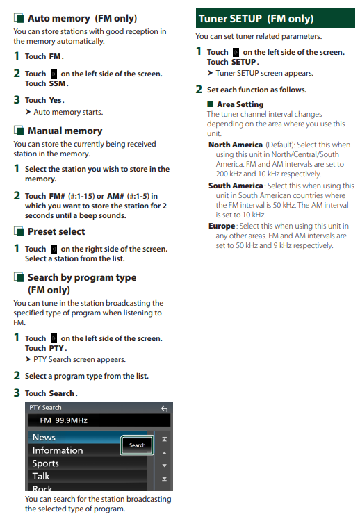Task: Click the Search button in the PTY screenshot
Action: click(x=137, y=445)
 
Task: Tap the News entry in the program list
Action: click(x=44, y=437)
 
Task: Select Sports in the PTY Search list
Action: click(x=45, y=463)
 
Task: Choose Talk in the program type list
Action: click(x=41, y=477)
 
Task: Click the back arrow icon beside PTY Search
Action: click(x=164, y=409)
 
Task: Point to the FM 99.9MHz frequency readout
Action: click(x=63, y=420)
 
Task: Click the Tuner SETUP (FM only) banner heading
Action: click(x=256, y=19)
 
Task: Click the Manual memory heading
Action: click(x=65, y=131)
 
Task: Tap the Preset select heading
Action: click(x=56, y=231)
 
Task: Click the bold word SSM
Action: click(x=57, y=84)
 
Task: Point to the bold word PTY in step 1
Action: click(x=56, y=348)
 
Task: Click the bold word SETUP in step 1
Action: click(x=243, y=62)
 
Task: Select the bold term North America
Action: click(x=236, y=145)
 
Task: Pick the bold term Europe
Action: click(x=222, y=226)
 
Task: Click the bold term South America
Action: click(x=236, y=186)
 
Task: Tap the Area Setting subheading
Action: click(x=240, y=104)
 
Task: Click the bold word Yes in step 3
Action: click(x=55, y=100)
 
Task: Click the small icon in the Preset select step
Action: click(x=54, y=249)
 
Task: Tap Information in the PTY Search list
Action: click(x=58, y=450)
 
